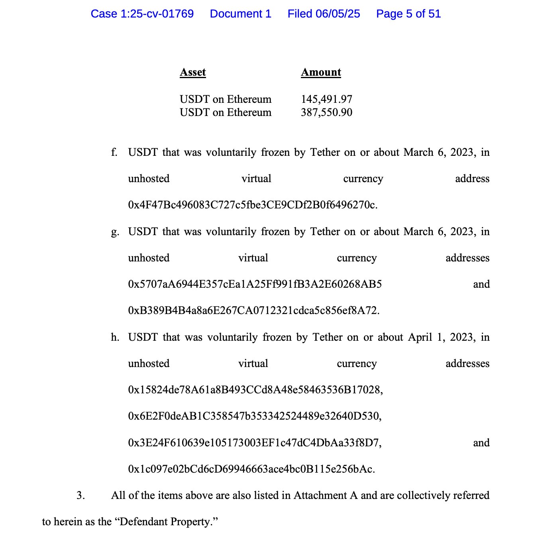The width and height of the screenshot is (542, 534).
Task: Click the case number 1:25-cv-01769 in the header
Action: [x=142, y=14]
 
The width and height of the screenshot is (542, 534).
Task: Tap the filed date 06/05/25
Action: [x=324, y=14]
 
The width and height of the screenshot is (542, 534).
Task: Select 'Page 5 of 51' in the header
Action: [x=408, y=14]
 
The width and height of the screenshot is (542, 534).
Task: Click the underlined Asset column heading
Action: [x=193, y=72]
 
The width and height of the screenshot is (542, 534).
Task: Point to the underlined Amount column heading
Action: [x=321, y=72]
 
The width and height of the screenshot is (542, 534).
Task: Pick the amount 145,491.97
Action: [x=326, y=99]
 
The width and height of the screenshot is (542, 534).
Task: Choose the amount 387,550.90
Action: [x=326, y=112]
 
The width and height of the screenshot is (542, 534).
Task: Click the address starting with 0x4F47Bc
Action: [x=252, y=205]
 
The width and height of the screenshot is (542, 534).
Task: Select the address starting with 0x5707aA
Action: [x=255, y=284]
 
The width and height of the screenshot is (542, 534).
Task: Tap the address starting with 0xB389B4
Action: [x=253, y=310]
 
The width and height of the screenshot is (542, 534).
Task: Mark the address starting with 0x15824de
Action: [x=255, y=390]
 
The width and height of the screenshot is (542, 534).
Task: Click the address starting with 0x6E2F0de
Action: [x=254, y=416]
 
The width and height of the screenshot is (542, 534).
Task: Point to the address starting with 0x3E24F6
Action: [x=254, y=443]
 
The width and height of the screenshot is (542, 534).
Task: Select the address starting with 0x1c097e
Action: [x=251, y=469]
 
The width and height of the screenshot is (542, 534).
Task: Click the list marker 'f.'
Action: [x=114, y=152]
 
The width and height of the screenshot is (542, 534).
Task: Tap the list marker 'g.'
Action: [x=115, y=232]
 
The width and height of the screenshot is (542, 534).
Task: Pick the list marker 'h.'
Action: [x=115, y=338]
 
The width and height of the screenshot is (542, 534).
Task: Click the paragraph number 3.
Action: [x=81, y=495]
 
